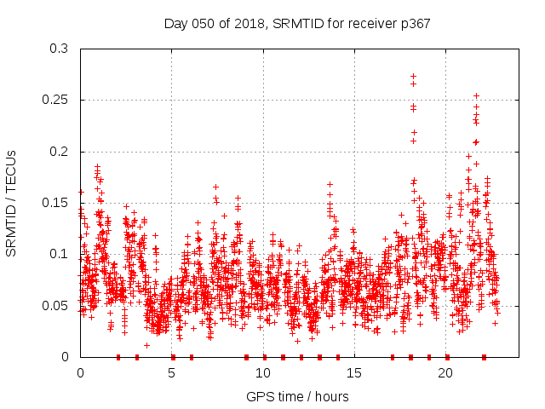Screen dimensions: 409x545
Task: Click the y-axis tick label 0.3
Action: point(59,49)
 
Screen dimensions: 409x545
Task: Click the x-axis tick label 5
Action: point(172,373)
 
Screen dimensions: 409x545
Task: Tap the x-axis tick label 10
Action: point(263,373)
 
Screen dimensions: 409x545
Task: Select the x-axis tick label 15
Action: point(354,373)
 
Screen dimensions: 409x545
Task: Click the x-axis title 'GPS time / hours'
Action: point(297,396)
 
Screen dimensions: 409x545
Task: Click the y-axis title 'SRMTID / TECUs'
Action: point(12,203)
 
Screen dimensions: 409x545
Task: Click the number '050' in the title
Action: point(201,24)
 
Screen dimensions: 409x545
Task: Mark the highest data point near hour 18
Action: point(414,77)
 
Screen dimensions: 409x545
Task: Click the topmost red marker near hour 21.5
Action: point(476,96)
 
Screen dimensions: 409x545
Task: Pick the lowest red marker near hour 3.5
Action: point(146,345)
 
